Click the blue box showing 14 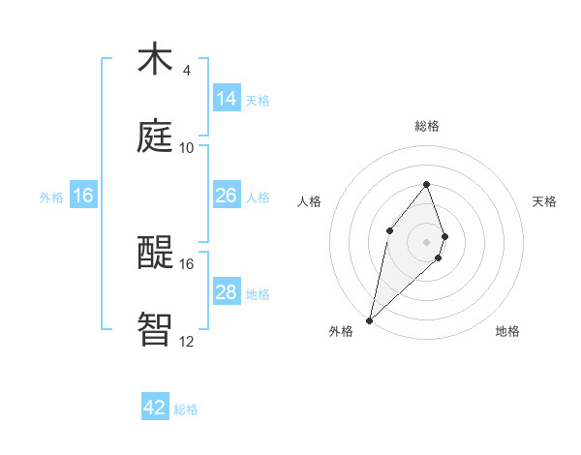[x=227, y=99]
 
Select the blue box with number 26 [x=227, y=196]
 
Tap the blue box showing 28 [x=227, y=292]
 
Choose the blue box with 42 [x=155, y=408]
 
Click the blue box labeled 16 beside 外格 [x=83, y=196]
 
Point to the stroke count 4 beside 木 [x=187, y=71]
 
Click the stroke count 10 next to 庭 [x=187, y=147]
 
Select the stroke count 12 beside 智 [x=187, y=341]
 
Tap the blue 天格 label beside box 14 [x=258, y=101]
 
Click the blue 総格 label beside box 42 [x=186, y=409]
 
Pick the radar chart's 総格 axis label [x=427, y=126]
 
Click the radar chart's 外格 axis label [x=341, y=331]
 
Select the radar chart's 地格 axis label [x=507, y=331]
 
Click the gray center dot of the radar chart [x=427, y=241]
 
